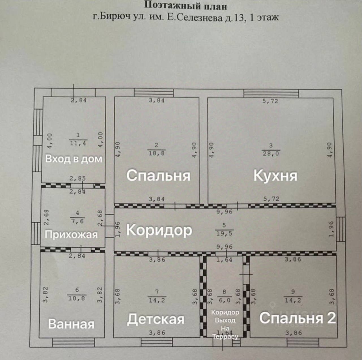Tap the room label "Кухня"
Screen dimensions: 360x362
pyautogui.click(x=275, y=175)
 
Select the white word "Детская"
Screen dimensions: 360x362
pyautogui.click(x=156, y=319)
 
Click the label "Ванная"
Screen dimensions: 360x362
pyautogui.click(x=71, y=323)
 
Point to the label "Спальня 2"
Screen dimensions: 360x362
pyautogui.click(x=298, y=318)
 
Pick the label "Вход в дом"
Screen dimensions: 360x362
pyautogui.click(x=74, y=159)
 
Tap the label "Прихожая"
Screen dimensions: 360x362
pyautogui.click(x=71, y=234)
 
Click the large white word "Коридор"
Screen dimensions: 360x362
pyautogui.click(x=159, y=230)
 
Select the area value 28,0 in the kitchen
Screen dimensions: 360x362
pyautogui.click(x=271, y=153)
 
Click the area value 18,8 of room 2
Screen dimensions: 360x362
pyautogui.click(x=157, y=153)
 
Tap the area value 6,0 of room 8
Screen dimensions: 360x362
pyautogui.click(x=224, y=300)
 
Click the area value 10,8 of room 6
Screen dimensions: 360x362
pyautogui.click(x=77, y=298)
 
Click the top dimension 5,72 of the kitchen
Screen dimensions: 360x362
pyautogui.click(x=270, y=101)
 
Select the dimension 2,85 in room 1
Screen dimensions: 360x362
pyautogui.click(x=77, y=179)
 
